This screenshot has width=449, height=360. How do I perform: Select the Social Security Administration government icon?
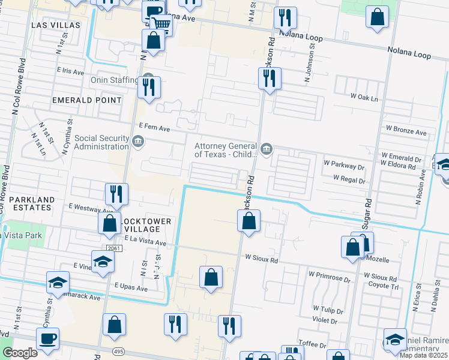click(138, 142)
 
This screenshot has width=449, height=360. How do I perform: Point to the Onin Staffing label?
click(113, 80)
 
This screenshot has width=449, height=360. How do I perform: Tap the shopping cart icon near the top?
click(161, 25)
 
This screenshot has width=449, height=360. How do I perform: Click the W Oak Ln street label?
click(365, 97)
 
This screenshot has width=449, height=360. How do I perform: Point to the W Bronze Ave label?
click(406, 132)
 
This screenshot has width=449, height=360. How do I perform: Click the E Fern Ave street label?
click(154, 128)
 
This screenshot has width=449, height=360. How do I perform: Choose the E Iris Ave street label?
click(70, 71)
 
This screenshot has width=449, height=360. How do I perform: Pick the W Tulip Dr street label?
click(328, 308)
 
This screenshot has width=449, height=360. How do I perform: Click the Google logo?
click(20, 353)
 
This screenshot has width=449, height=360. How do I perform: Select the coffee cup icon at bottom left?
click(48, 338)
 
